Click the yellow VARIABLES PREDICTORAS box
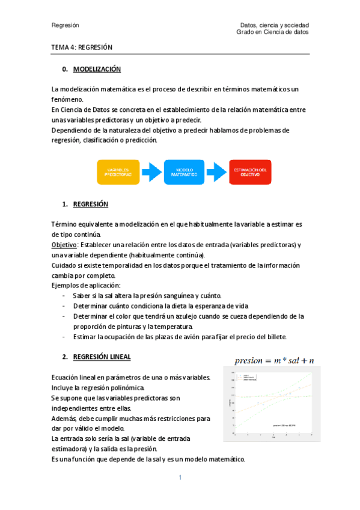[x=118, y=171]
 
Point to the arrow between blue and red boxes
[x=218, y=171]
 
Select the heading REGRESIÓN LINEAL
[x=102, y=357]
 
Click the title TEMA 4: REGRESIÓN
[x=82, y=47]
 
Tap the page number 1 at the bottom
[x=180, y=478]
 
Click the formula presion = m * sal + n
[x=270, y=361]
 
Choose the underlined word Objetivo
[x=64, y=245]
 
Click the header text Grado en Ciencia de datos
[x=273, y=32]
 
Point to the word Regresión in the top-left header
[x=66, y=25]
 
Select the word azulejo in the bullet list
[x=185, y=316]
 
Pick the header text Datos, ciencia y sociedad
[x=274, y=25]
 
